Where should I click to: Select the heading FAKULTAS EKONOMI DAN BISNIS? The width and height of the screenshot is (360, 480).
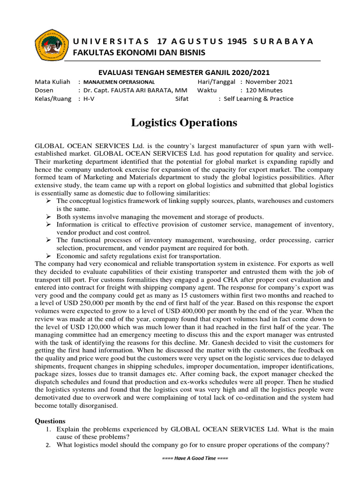click(139, 52)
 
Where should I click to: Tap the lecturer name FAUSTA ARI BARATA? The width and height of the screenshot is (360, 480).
click(128, 90)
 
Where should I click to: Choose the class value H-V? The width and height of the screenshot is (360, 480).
click(89, 99)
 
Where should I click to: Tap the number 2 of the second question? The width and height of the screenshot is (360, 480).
click(48, 445)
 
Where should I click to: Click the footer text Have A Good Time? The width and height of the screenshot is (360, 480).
click(194, 458)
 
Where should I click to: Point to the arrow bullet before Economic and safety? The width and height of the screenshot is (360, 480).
click(48, 256)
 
